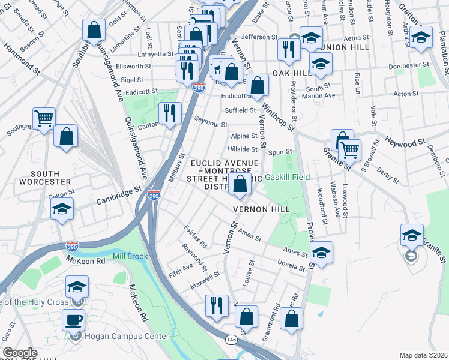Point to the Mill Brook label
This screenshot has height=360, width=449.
130,256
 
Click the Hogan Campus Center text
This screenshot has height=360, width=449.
127,337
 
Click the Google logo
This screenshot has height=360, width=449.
20,353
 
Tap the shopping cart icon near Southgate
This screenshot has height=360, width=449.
44,119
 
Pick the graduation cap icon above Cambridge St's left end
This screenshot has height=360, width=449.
61,209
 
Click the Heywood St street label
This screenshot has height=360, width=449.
405,143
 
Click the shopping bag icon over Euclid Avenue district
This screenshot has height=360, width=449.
240,185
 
